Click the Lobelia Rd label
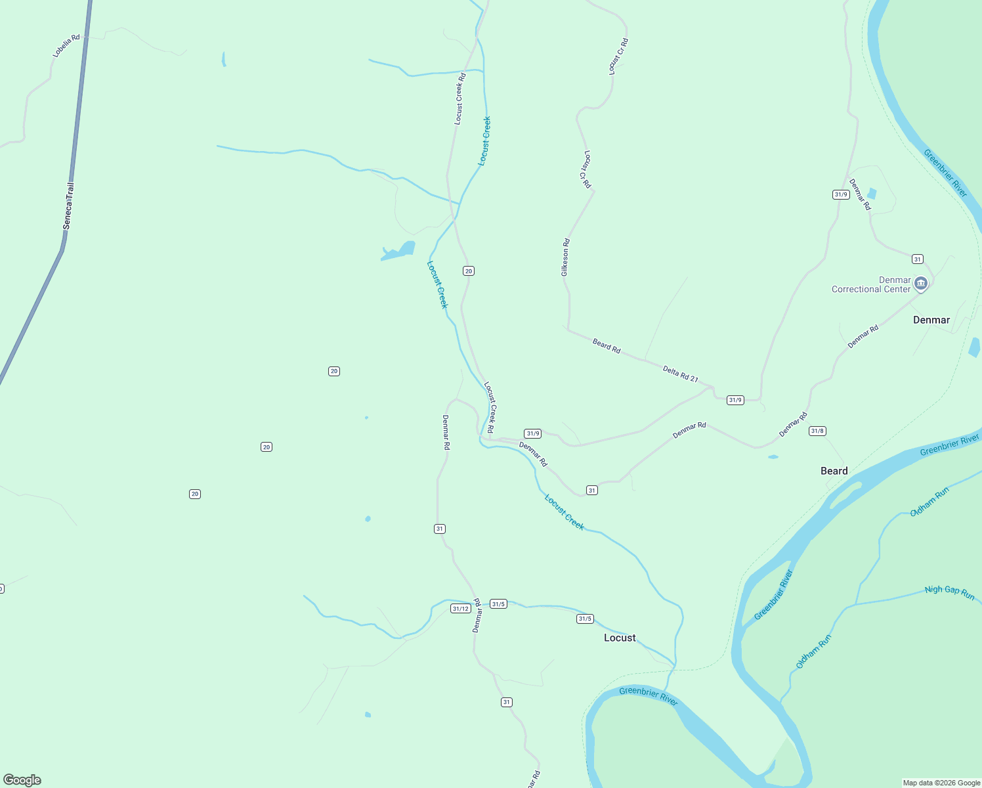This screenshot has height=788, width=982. (x=66, y=46)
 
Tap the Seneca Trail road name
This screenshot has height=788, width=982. (x=68, y=206)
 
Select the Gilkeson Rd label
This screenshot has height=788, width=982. (x=565, y=257)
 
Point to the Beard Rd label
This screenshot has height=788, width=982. (x=607, y=345)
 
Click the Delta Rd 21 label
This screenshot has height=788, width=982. (x=680, y=374)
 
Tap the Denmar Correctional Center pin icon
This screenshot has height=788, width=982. (x=920, y=283)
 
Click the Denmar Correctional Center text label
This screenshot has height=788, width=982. (x=871, y=284)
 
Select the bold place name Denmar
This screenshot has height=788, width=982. (x=931, y=320)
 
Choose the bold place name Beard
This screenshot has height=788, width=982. (x=834, y=471)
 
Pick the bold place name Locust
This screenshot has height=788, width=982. (x=620, y=638)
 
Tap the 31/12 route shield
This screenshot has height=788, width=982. (x=461, y=609)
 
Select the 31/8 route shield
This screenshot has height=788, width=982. (x=817, y=431)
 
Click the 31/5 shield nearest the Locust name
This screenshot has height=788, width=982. (x=585, y=619)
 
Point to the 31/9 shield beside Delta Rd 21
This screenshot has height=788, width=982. (x=735, y=400)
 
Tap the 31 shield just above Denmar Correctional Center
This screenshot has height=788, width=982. (x=918, y=259)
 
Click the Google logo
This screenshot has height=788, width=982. (x=22, y=780)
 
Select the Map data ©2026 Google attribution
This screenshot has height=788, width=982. (x=941, y=783)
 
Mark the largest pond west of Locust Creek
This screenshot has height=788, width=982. (x=400, y=251)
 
